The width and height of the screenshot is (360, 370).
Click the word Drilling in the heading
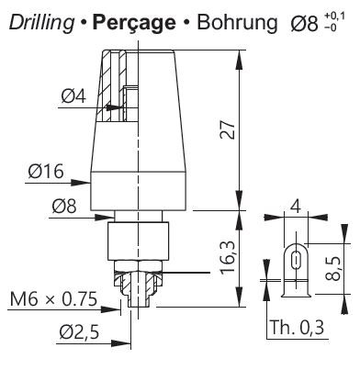(x=41, y=23)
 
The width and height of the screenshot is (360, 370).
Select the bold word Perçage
(x=134, y=23)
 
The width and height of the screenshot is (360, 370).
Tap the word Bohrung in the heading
(x=237, y=23)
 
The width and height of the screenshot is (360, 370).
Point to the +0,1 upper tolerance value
(x=334, y=16)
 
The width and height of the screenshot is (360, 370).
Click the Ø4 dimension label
(x=73, y=96)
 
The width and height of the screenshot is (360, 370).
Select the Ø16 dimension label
(x=46, y=171)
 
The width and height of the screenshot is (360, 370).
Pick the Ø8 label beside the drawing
(x=64, y=206)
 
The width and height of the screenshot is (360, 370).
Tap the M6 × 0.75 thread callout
(x=53, y=299)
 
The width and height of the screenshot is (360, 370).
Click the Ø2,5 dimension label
(x=80, y=332)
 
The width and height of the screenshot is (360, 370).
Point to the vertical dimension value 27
(x=229, y=129)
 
